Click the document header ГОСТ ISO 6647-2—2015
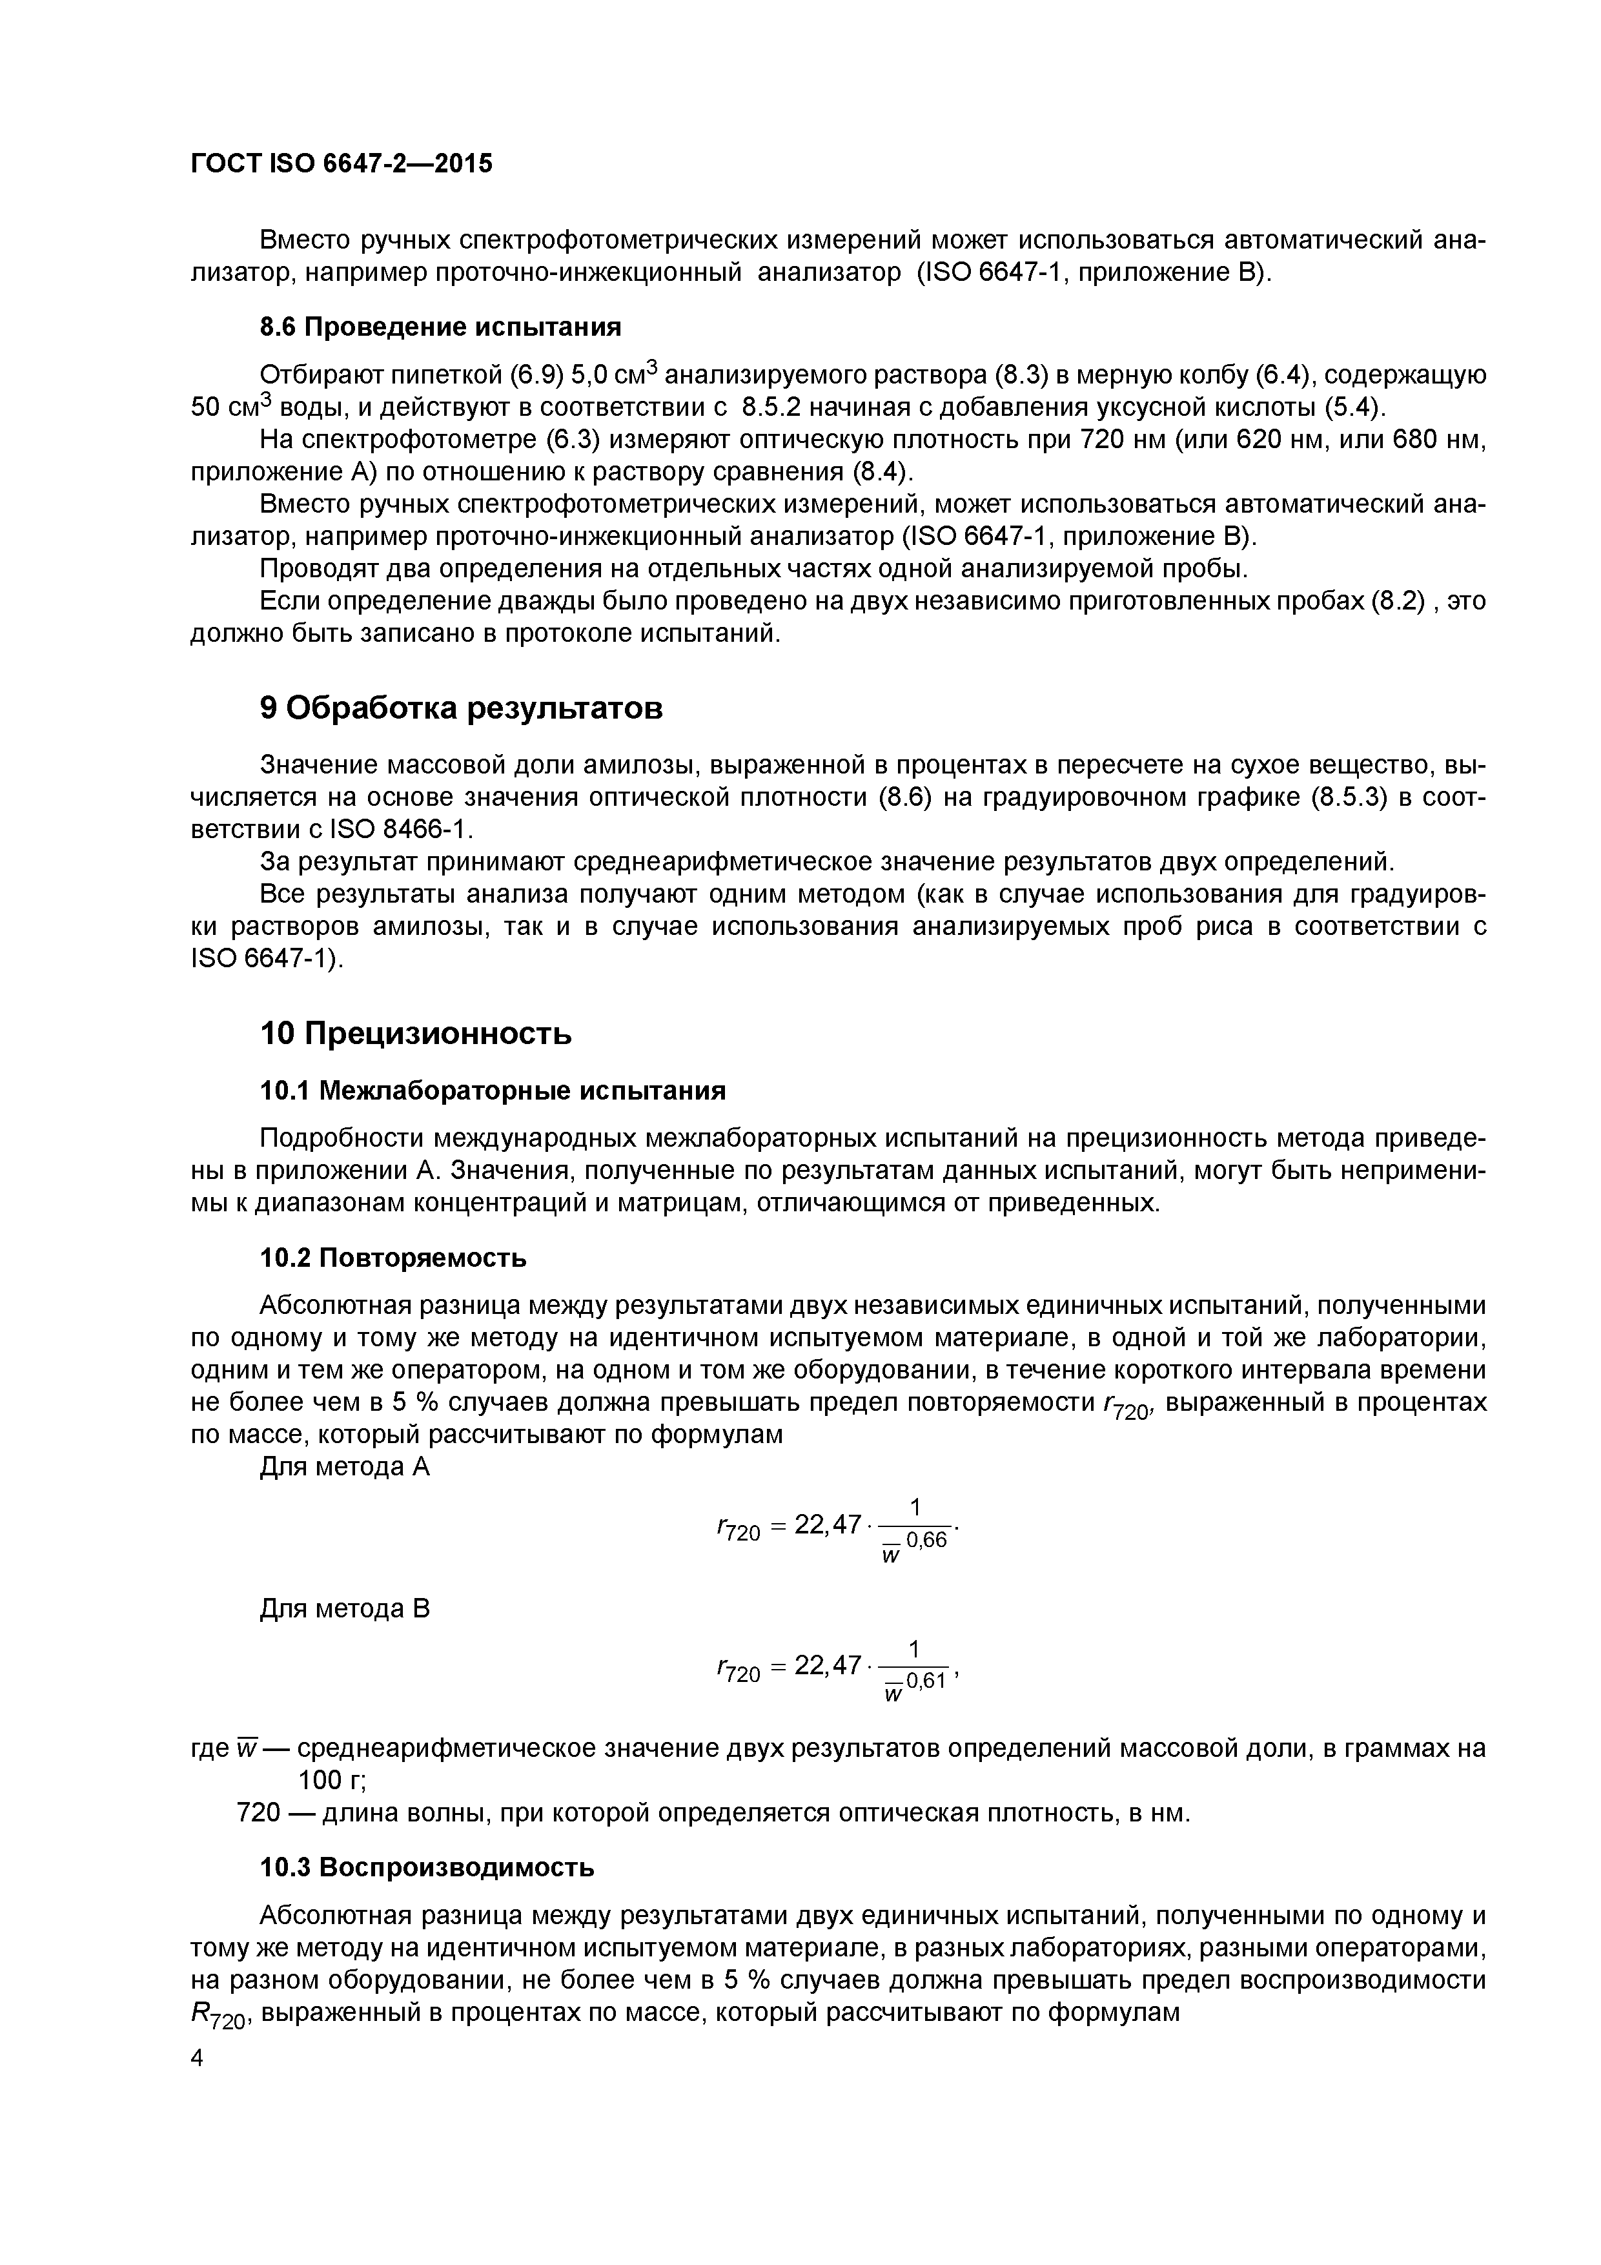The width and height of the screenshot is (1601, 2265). (340, 163)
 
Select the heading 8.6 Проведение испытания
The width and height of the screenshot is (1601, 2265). (440, 327)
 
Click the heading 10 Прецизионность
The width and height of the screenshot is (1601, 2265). (415, 1033)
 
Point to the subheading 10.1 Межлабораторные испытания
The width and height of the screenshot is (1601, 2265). (492, 1090)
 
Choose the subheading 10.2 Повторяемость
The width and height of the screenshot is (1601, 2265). (393, 1258)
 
